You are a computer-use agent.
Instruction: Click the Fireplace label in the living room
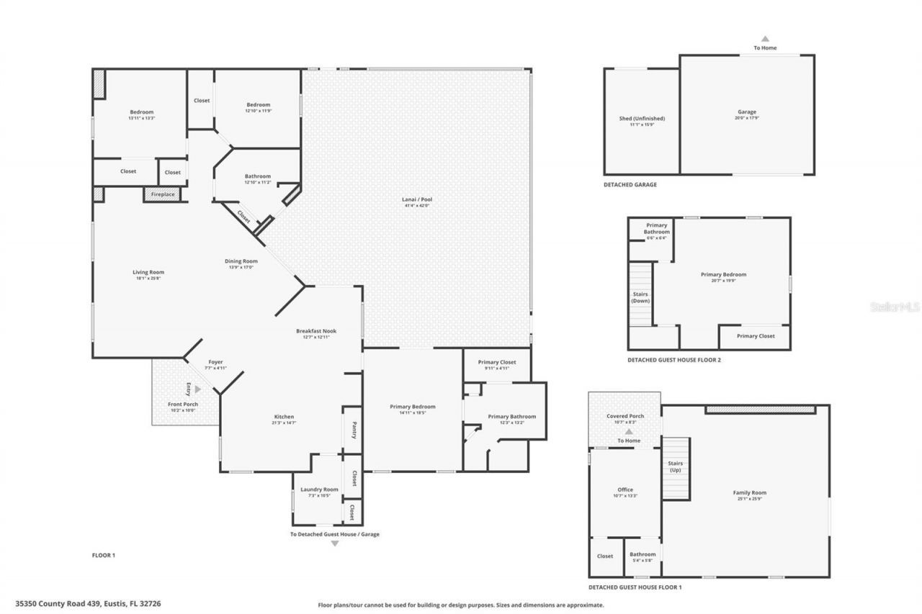point(162,194)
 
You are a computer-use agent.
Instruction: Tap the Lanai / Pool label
point(417,199)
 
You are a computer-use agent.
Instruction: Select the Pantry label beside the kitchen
point(354,430)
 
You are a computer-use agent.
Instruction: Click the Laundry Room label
point(318,489)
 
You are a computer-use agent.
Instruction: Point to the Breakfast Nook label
point(316,331)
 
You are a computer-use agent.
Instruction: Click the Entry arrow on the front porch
point(198,389)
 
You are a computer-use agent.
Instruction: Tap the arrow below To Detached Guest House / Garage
point(334,543)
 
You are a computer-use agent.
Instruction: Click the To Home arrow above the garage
point(765,39)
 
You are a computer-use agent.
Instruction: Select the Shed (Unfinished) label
point(642,119)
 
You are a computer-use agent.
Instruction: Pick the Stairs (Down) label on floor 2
point(640,297)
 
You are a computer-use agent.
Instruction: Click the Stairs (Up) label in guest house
point(675,466)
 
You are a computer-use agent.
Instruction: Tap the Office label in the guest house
point(625,489)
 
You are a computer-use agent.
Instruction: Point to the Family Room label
point(749,493)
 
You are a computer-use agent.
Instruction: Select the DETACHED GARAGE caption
point(630,185)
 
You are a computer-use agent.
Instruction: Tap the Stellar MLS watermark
point(895,307)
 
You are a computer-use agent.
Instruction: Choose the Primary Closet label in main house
point(497,362)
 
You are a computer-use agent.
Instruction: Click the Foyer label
point(215,362)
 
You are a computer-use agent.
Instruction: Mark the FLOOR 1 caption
point(104,555)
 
